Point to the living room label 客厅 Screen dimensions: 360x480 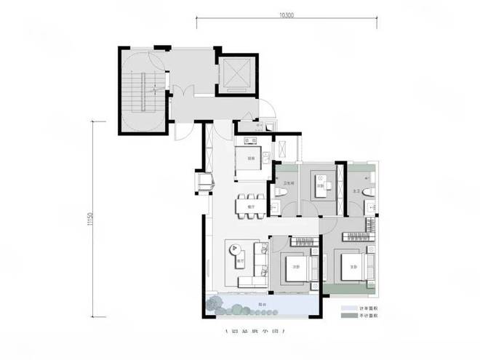click(x=239, y=260)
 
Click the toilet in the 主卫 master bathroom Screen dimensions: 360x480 click(x=369, y=191)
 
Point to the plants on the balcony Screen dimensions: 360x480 click(x=218, y=305)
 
